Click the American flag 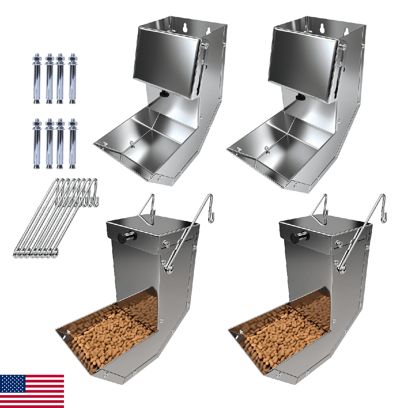pyautogui.click(x=32, y=391)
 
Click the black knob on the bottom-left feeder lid pyautogui.click(x=123, y=237)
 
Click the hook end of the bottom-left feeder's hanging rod pyautogui.click(x=212, y=216)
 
